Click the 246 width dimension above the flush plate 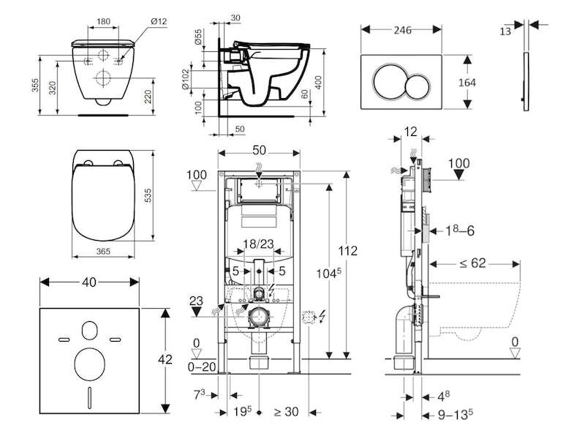(403, 30)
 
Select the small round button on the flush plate (419, 87)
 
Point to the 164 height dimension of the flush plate (467, 83)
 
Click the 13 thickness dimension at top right (505, 31)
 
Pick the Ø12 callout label (159, 21)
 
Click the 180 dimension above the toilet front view (103, 21)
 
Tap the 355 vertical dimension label (35, 86)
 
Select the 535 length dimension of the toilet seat (148, 195)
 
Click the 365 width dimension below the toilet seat (103, 251)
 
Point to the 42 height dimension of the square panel (165, 359)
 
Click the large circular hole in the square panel (89, 364)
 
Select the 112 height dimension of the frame (348, 251)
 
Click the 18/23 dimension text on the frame (259, 244)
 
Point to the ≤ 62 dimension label (472, 263)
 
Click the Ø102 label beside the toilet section (186, 79)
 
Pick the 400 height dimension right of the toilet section (318, 83)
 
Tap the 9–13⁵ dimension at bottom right (456, 415)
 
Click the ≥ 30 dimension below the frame (287, 412)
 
